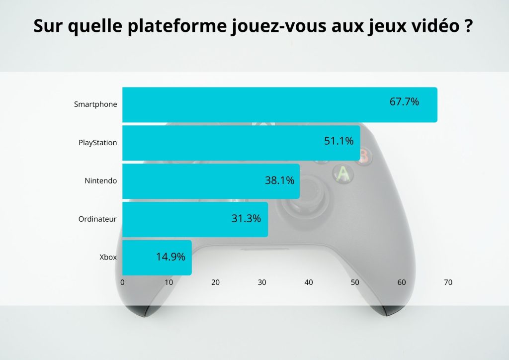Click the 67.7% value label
tap(404, 102)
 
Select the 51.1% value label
tap(339, 141)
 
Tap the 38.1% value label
tap(279, 180)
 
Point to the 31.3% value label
tap(246, 218)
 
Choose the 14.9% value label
tap(170, 257)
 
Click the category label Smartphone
tap(95, 104)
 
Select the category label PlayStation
tap(97, 143)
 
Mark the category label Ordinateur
tap(97, 219)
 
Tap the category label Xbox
tap(108, 258)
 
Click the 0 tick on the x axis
tap(122, 282)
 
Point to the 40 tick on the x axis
tap(308, 282)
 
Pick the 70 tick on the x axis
tap(448, 282)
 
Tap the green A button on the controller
tap(342, 174)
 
